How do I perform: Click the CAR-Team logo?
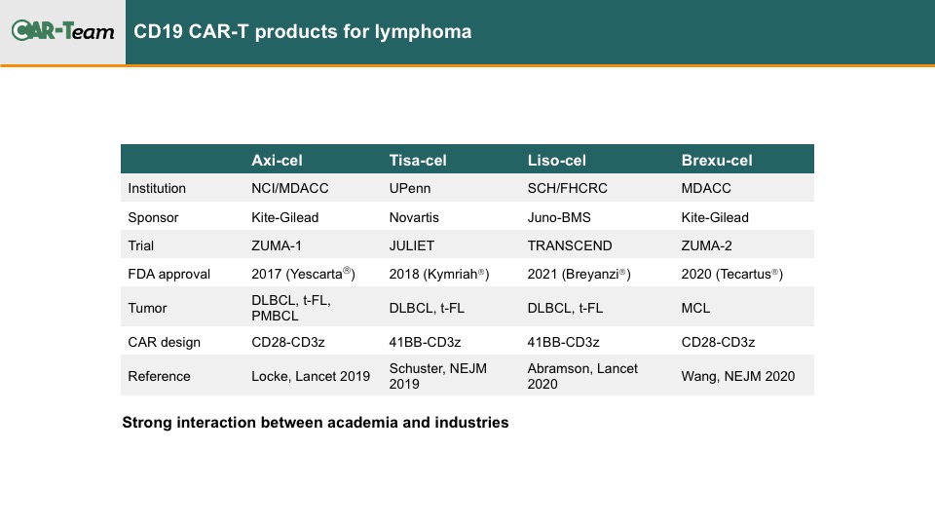click(x=62, y=30)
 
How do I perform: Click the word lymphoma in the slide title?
click(x=423, y=32)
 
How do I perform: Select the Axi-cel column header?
click(x=277, y=160)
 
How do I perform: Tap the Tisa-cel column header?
click(x=418, y=160)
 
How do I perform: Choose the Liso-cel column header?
click(x=556, y=160)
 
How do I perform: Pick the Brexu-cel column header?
click(x=716, y=160)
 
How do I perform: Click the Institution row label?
click(x=157, y=188)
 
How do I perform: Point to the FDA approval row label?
click(x=168, y=275)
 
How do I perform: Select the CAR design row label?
click(x=164, y=342)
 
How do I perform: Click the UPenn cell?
click(x=410, y=188)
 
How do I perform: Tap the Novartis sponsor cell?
click(x=414, y=217)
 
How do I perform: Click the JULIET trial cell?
click(x=411, y=245)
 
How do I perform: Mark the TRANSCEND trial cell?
click(x=570, y=245)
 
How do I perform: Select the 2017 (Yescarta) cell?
click(x=303, y=274)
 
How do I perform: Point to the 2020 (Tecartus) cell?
click(x=731, y=274)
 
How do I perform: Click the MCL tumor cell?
click(x=695, y=309)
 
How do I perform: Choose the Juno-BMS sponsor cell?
click(x=559, y=217)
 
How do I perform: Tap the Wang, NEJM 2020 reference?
click(x=737, y=376)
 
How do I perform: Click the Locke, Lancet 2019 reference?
click(x=310, y=376)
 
